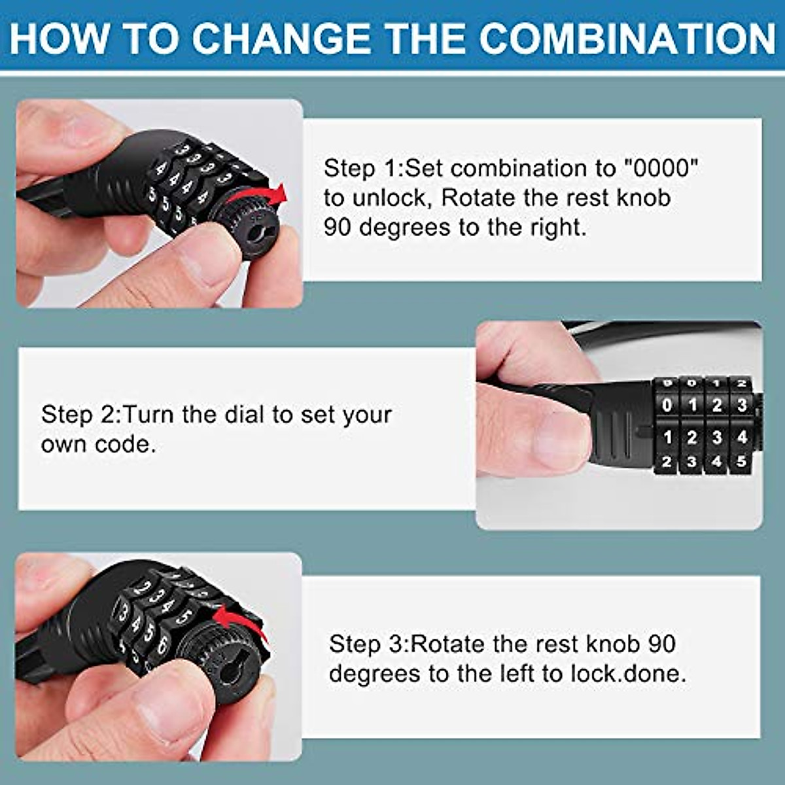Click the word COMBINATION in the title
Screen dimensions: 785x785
coord(627,39)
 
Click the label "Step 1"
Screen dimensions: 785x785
coord(360,169)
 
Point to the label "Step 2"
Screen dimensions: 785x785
coord(78,415)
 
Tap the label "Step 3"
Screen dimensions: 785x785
coord(366,644)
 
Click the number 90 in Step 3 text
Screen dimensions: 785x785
coord(662,644)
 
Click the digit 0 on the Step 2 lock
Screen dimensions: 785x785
coord(667,405)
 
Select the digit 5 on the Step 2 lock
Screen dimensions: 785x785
coord(741,461)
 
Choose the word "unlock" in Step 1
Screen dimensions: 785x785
coord(389,198)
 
